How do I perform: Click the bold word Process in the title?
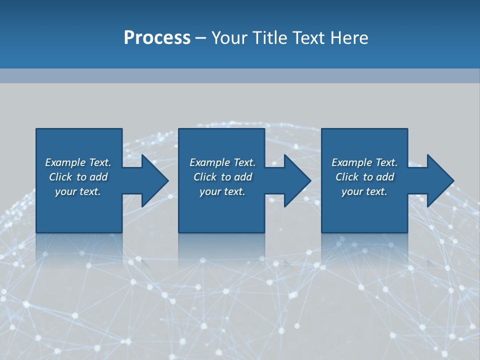[x=157, y=38]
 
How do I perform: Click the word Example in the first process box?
[x=65, y=162]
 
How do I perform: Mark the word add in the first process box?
[x=98, y=177]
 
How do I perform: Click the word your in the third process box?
[x=352, y=191]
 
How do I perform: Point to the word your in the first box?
[x=65, y=191]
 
